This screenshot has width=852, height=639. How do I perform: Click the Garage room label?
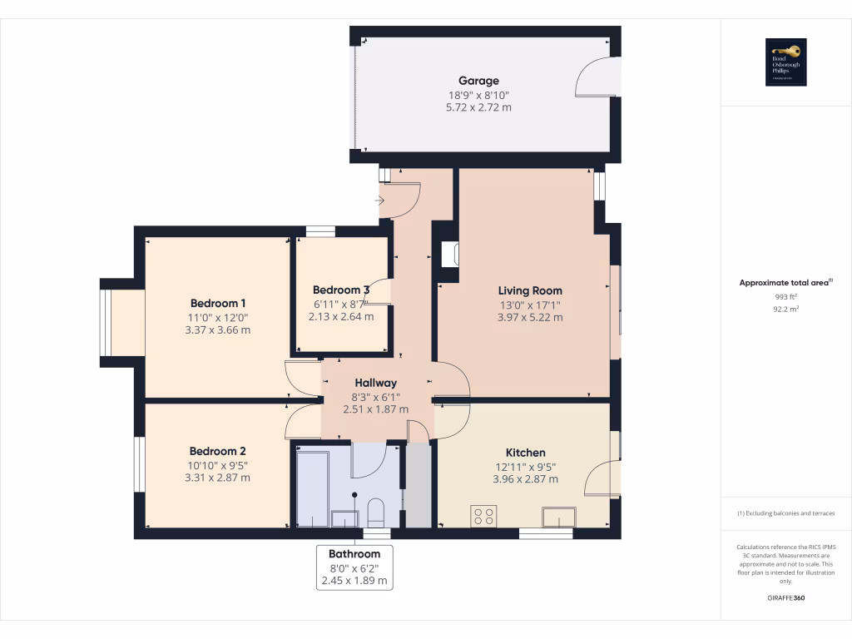479,81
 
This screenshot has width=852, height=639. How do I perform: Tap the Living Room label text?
530,290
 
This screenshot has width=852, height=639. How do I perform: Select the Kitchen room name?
525,453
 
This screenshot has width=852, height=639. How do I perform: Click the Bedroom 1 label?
218,303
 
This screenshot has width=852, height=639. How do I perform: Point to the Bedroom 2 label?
218,451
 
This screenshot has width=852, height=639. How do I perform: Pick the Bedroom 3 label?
341,290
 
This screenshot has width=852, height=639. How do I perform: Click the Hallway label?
375,383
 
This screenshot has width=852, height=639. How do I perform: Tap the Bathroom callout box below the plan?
354,567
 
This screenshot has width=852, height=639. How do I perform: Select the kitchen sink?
558,517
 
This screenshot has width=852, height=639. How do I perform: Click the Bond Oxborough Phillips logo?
786,62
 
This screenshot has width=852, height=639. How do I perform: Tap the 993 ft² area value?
786,296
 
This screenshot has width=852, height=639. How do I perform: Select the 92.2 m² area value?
786,309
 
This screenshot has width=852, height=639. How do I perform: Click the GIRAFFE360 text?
786,597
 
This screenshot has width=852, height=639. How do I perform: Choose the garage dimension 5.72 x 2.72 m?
479,107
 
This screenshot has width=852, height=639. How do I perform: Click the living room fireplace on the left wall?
449,253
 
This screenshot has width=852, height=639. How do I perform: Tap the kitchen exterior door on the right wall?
604,480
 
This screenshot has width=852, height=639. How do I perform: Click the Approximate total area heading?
785,283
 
